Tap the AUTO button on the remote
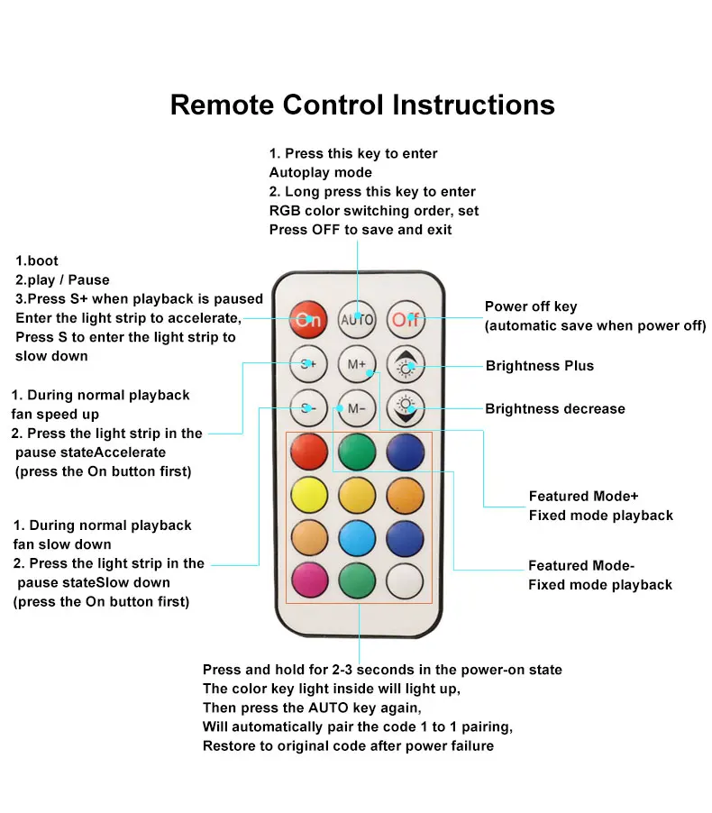(x=356, y=319)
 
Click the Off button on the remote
(x=405, y=319)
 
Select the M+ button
(x=356, y=365)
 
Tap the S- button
(x=308, y=407)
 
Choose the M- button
(x=356, y=407)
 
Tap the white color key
(x=405, y=580)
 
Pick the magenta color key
(x=308, y=580)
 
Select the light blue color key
(x=356, y=538)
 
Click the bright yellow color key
(x=308, y=494)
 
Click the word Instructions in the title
(x=472, y=105)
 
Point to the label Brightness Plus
(x=539, y=366)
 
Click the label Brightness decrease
(x=554, y=409)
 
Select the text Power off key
(x=531, y=306)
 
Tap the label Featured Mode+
(x=583, y=497)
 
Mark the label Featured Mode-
(x=581, y=566)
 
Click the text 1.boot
(x=37, y=260)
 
